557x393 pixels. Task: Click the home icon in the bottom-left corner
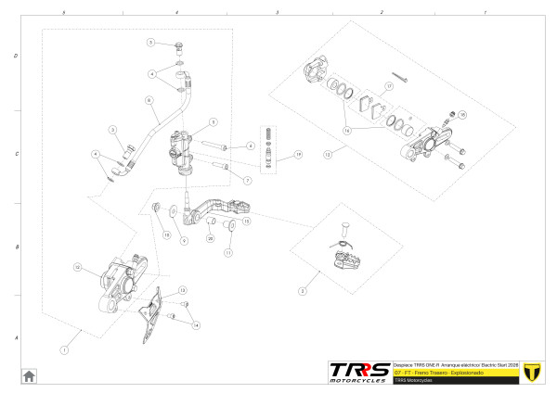coord(29,374)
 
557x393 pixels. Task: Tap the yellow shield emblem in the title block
coord(532,372)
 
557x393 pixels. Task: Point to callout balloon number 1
coord(64,349)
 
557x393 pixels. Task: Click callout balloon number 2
coord(303,290)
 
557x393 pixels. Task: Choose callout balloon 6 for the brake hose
coord(149,100)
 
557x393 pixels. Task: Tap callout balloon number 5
coord(213,121)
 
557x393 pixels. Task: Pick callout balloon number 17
coord(390,85)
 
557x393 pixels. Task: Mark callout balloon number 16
coord(348,131)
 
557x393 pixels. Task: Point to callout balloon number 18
coord(462,115)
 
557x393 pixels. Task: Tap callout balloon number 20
coord(211,239)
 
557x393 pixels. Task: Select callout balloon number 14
coord(196,325)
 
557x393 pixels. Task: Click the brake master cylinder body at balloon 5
coord(182,149)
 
